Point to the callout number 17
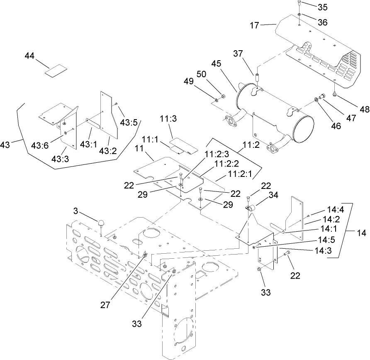(x=254, y=25)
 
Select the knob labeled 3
(x=101, y=224)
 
